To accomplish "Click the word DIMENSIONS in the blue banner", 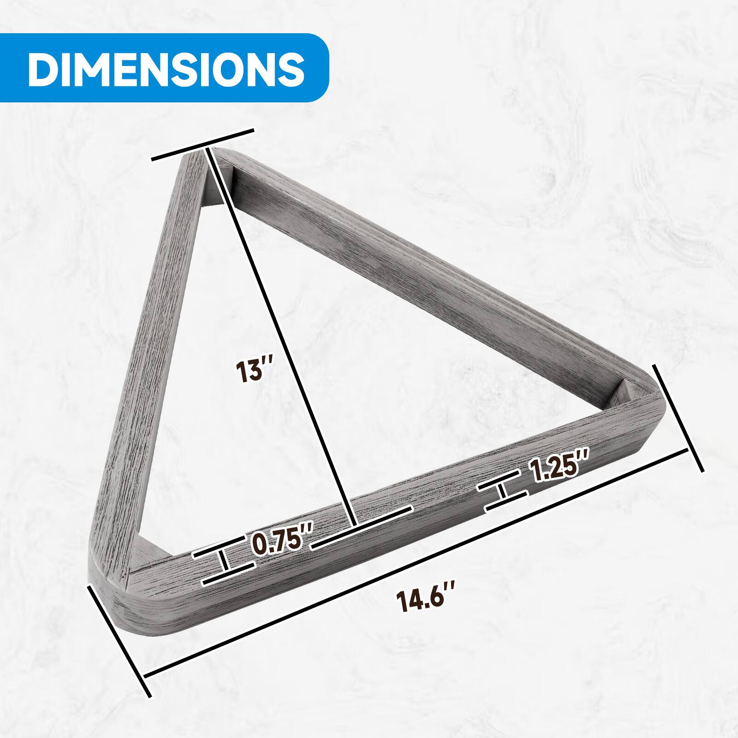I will (166, 68).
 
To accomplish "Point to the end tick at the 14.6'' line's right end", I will (678, 417).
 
